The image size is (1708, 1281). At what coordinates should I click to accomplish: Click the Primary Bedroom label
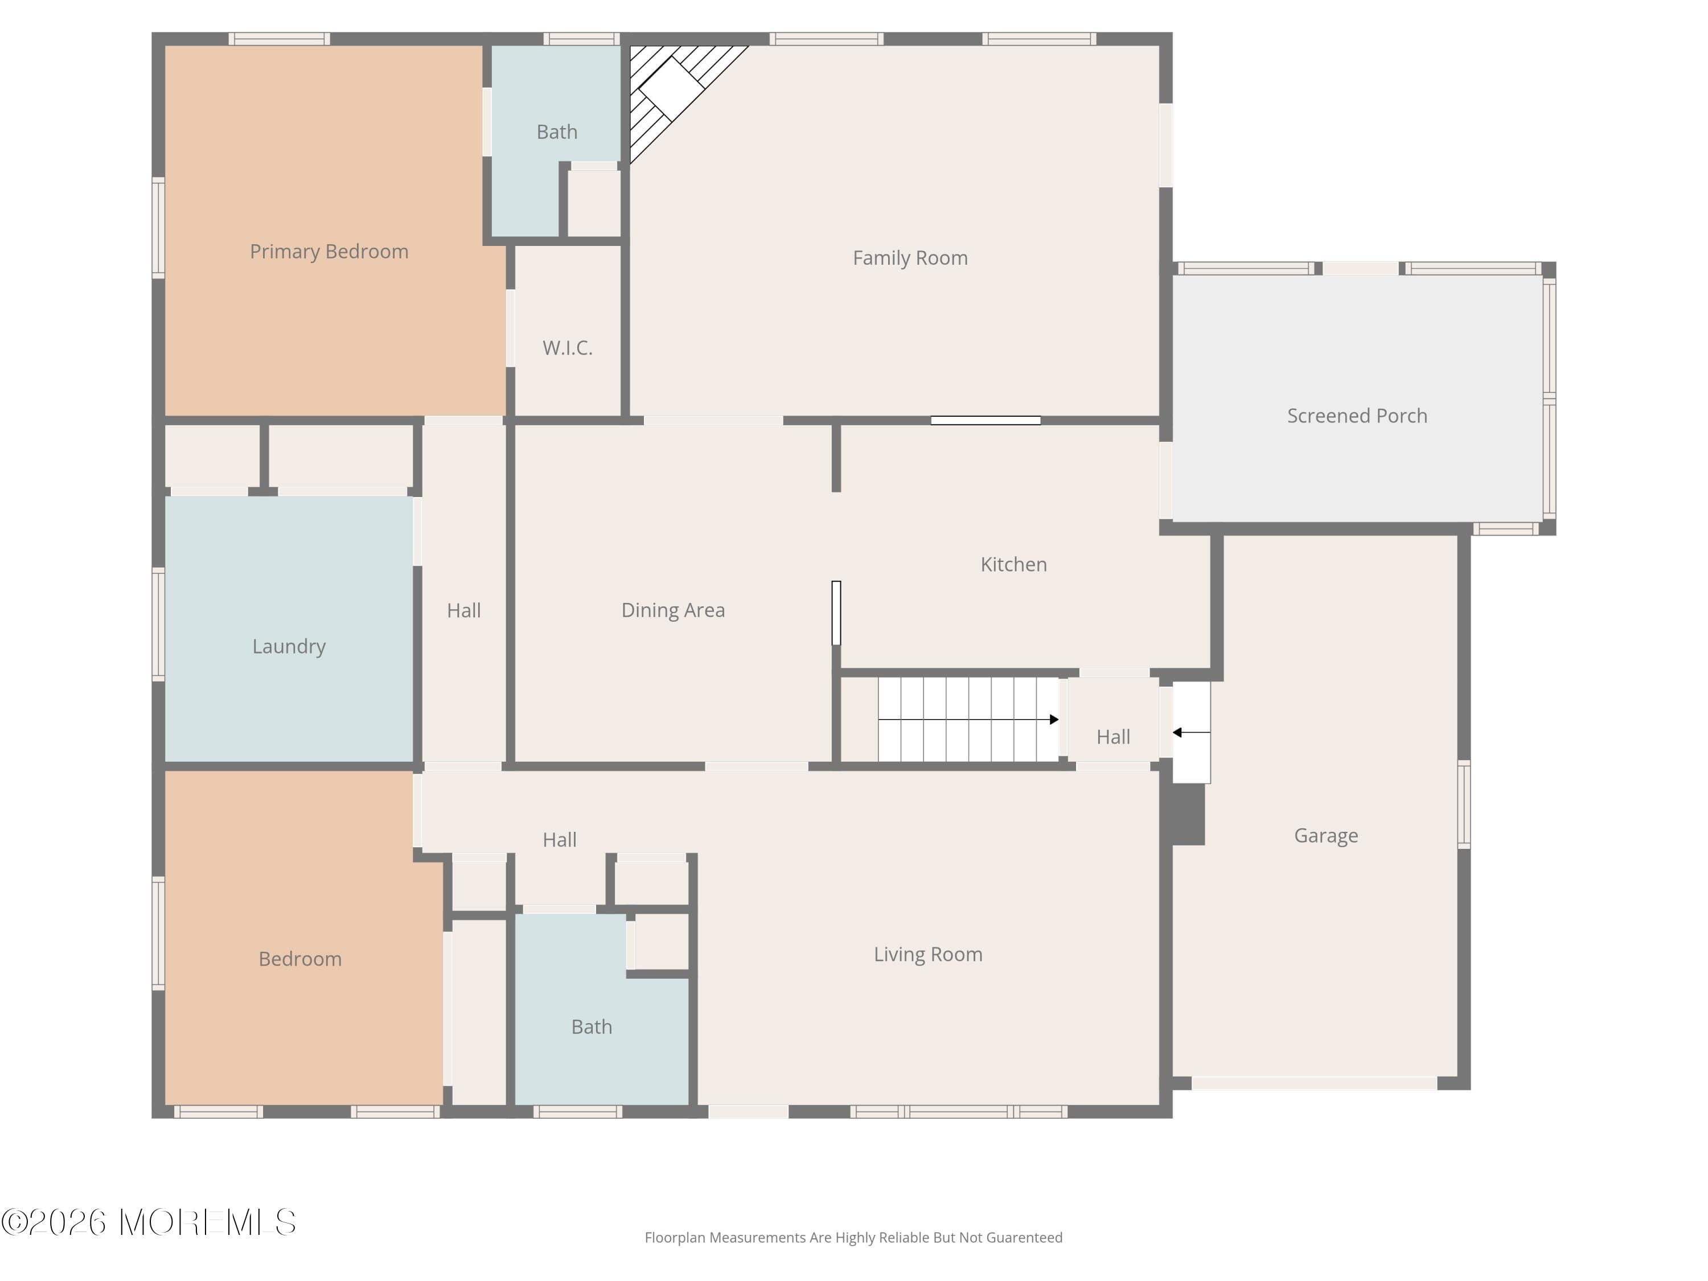click(329, 252)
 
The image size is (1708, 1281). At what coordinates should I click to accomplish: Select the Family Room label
click(910, 258)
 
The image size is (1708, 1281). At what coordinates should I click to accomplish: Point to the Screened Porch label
click(1357, 416)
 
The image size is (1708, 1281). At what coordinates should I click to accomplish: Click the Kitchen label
click(1014, 564)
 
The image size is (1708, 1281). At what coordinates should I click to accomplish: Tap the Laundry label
click(289, 646)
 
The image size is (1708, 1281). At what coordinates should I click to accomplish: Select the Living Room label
click(928, 954)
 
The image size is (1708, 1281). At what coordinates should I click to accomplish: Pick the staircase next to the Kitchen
click(968, 720)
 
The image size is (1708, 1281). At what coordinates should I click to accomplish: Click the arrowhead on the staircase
click(1054, 720)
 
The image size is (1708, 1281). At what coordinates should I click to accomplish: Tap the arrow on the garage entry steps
click(1192, 732)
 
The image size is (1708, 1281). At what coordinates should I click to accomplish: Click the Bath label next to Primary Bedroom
click(557, 132)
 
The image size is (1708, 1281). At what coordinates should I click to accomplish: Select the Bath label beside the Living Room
click(592, 1027)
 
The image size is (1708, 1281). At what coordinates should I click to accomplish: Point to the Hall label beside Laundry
click(463, 611)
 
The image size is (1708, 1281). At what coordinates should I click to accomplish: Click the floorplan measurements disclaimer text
click(853, 1238)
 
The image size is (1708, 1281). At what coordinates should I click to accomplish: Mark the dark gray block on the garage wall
click(1188, 815)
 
